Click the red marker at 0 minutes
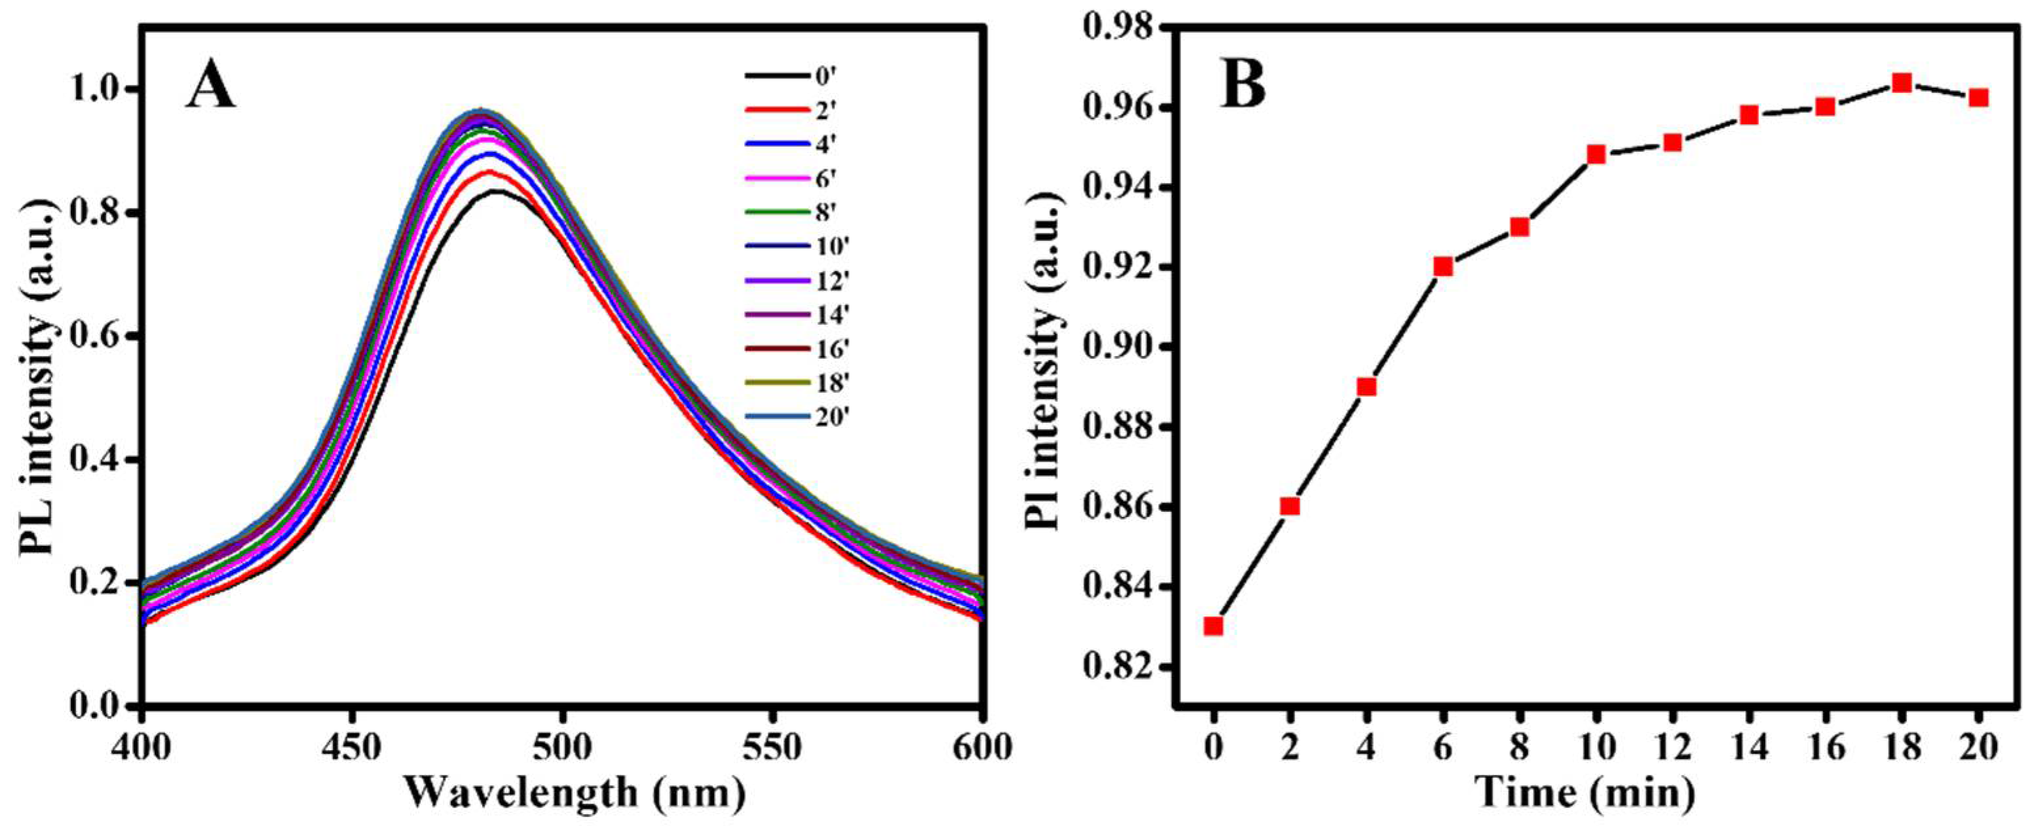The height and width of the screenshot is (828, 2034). (1214, 626)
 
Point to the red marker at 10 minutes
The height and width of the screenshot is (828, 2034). (1596, 154)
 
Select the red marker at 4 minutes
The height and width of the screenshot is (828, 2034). (1366, 387)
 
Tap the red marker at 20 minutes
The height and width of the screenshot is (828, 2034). (1978, 120)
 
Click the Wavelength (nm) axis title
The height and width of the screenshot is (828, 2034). (574, 793)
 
